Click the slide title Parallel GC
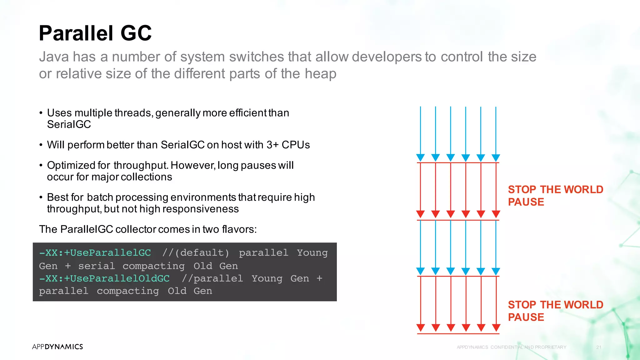[95, 33]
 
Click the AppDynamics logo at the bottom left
[57, 347]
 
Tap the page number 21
[599, 347]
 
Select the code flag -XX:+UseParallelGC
[95, 252]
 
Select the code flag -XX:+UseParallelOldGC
[104, 278]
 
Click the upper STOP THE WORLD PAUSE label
[555, 195]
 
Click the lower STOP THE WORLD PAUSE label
[555, 311]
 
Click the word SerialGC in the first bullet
[69, 124]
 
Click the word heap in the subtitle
[320, 74]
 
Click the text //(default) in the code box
[196, 252]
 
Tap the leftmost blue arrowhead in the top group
[420, 157]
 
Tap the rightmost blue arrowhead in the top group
[496, 157]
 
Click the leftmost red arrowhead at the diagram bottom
[421, 327]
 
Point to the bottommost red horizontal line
[458, 334]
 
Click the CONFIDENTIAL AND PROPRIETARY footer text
[528, 347]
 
